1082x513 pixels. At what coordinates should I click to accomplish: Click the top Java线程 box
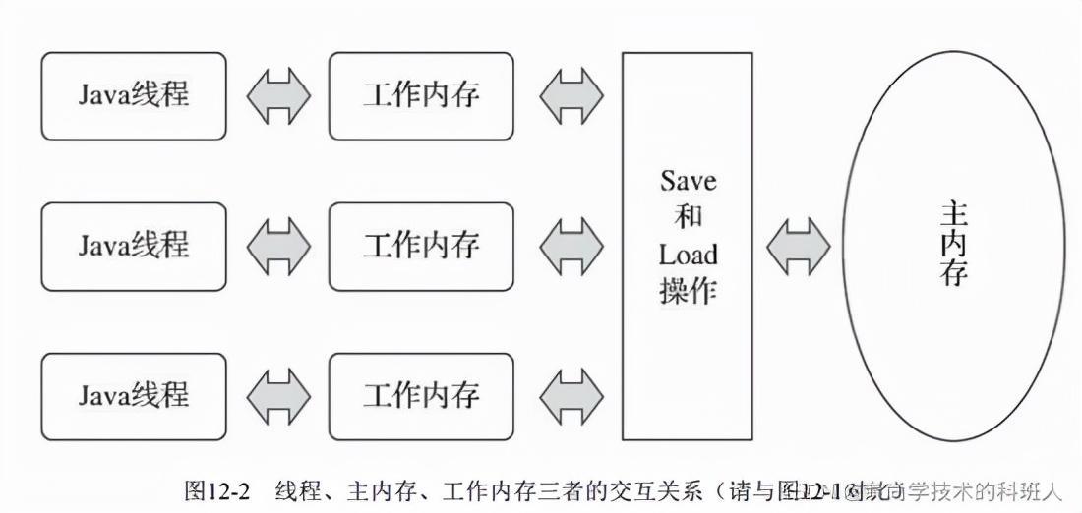coord(134,95)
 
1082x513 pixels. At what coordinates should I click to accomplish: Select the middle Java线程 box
coord(134,246)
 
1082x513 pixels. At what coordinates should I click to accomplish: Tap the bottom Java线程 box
coord(134,396)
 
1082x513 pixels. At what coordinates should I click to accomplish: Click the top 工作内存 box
coord(421,95)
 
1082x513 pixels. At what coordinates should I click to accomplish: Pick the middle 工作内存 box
coord(421,246)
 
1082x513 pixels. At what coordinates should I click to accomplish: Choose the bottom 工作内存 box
coord(421,396)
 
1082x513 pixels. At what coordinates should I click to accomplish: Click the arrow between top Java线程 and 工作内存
coord(278,95)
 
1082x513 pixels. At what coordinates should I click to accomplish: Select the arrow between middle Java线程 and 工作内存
coord(278,246)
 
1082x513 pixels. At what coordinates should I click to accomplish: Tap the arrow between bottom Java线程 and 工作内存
coord(278,396)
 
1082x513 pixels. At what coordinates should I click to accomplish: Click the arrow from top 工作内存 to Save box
coord(571,95)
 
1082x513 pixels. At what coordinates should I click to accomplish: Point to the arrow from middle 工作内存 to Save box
coord(571,246)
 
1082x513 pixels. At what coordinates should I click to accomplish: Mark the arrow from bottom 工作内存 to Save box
coord(571,396)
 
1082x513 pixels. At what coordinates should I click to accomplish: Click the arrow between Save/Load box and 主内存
coord(799,246)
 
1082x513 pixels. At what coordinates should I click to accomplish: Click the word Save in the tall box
coord(689,182)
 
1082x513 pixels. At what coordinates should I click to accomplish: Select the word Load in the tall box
coord(689,256)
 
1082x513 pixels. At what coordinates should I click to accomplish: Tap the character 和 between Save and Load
coord(689,218)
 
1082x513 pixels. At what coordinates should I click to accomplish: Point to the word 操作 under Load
coord(689,292)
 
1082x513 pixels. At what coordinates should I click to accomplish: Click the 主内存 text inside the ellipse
coord(953,244)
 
